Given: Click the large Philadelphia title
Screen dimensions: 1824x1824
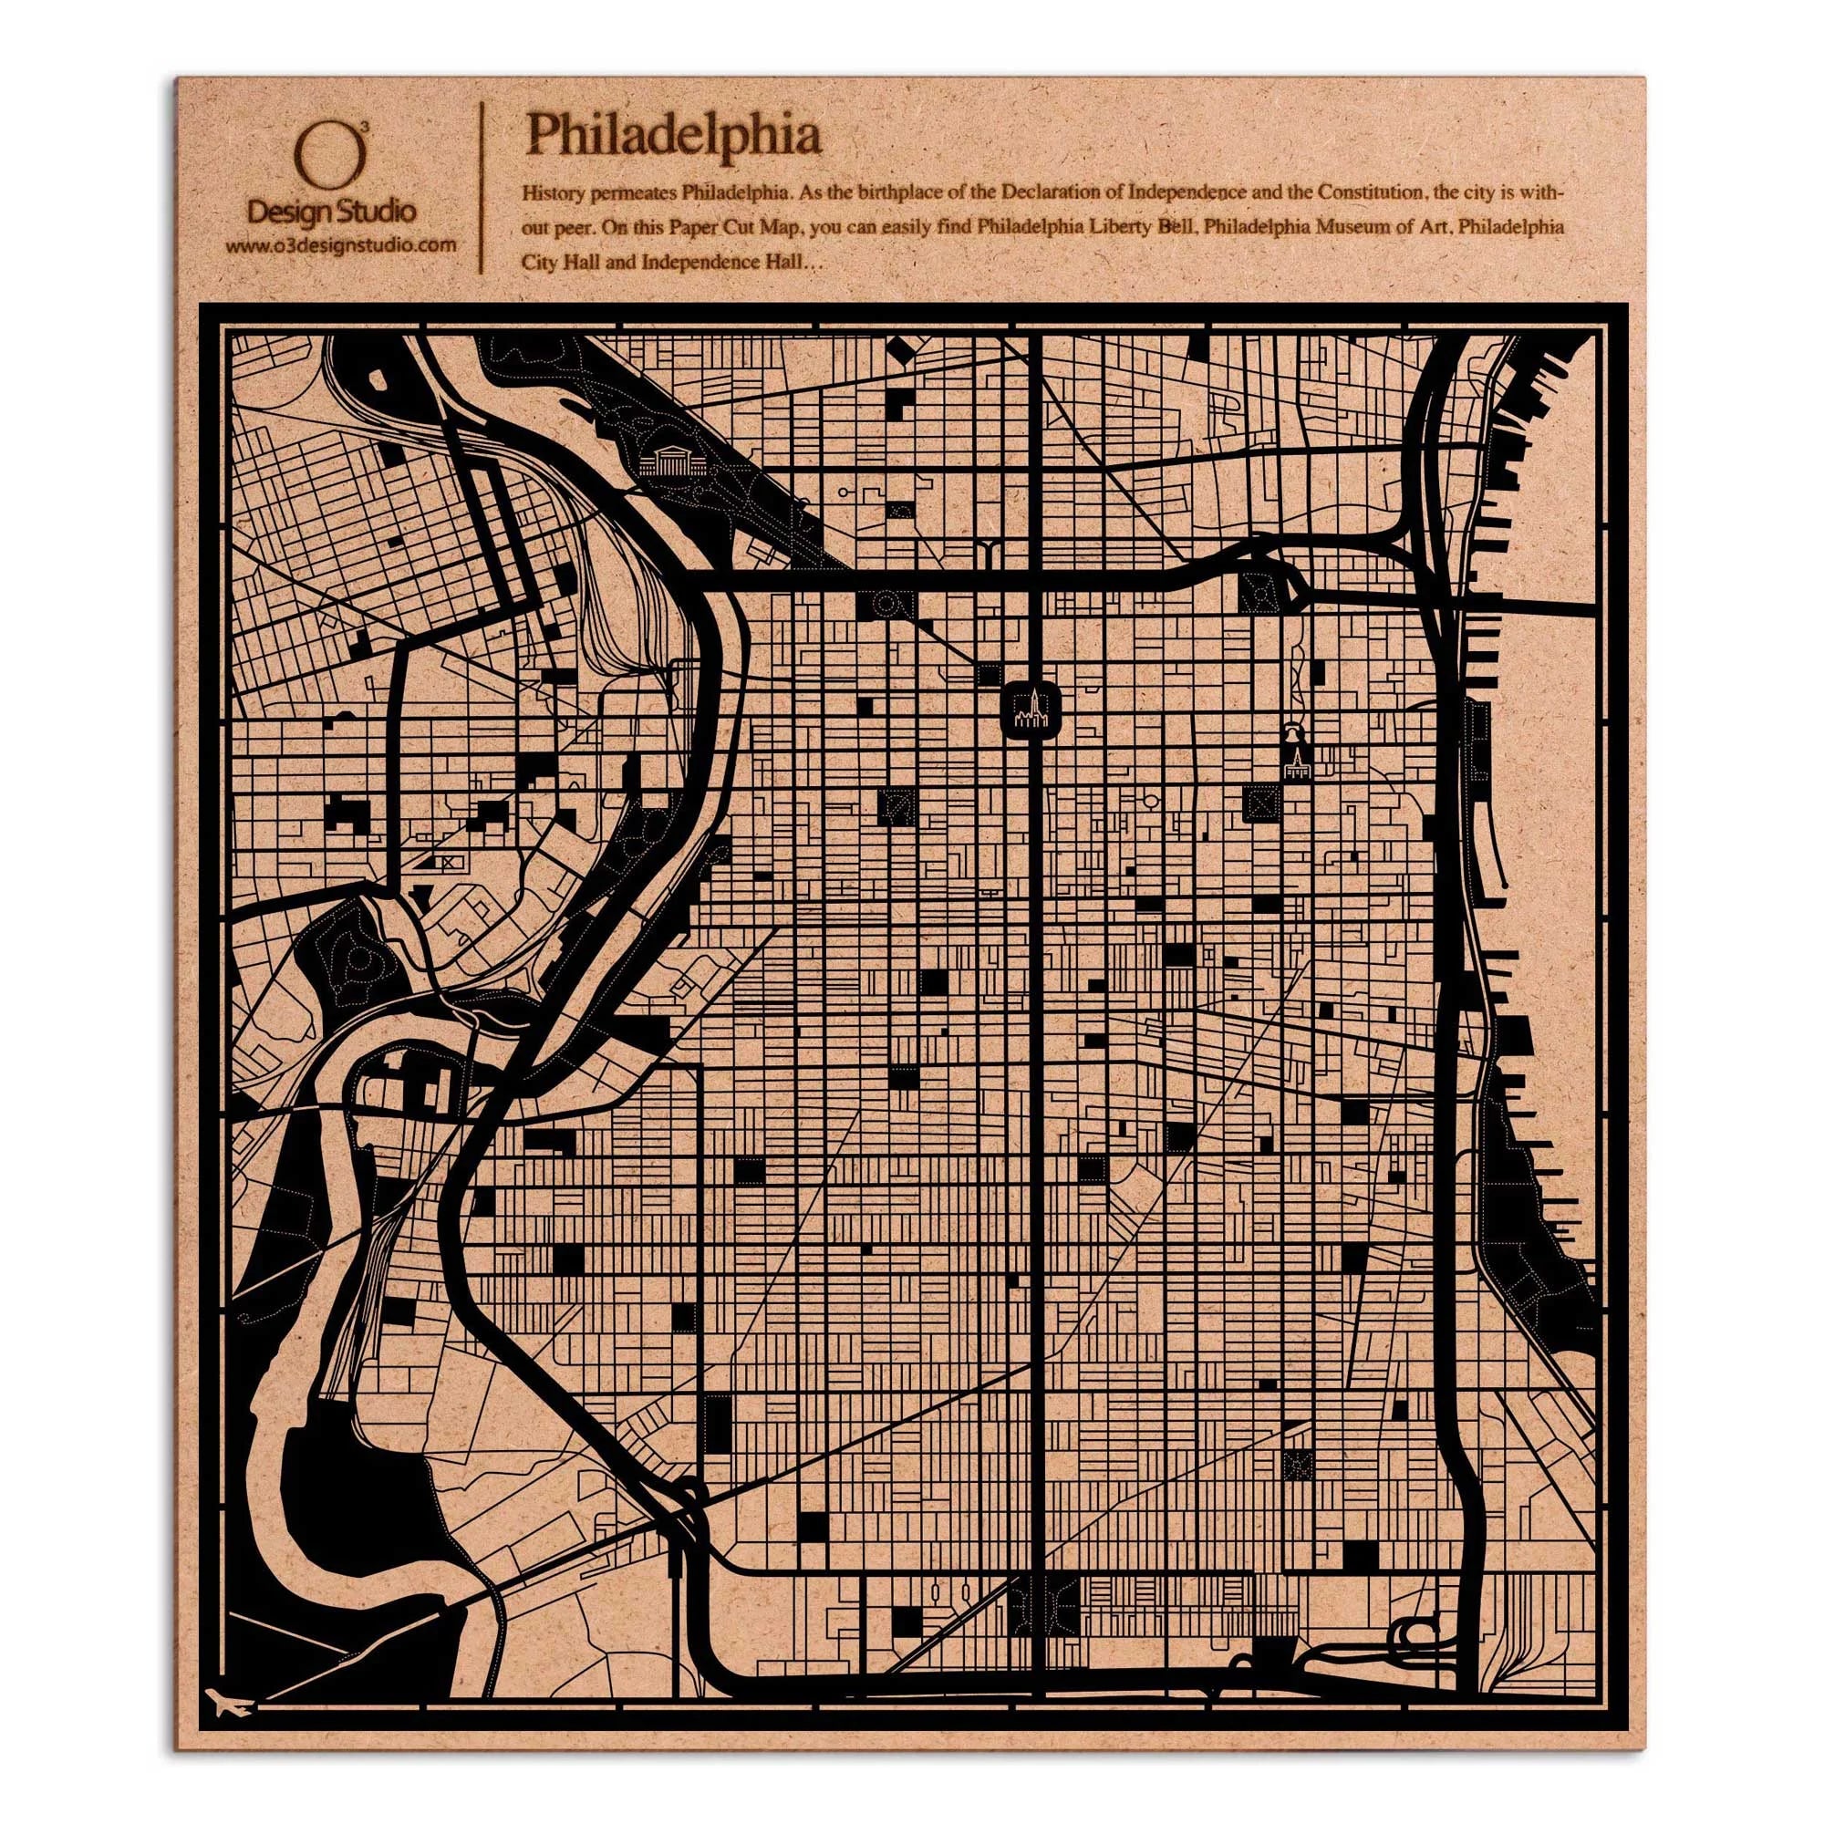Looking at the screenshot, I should tap(673, 135).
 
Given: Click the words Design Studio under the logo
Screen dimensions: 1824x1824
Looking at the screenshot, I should tap(330, 212).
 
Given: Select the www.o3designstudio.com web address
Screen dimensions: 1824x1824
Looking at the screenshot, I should tap(341, 246).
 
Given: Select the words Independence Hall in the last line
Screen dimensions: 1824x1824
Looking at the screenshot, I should tap(721, 263).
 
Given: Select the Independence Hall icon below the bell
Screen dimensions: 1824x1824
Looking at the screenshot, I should tap(1296, 767).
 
